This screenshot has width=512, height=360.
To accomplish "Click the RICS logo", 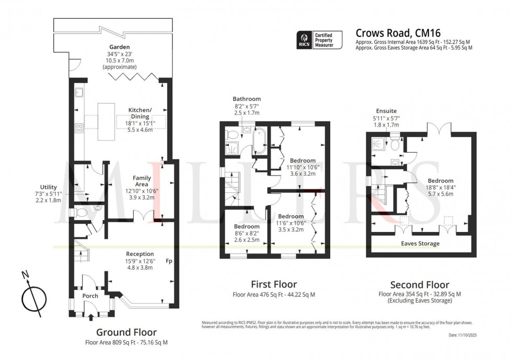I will [305, 40].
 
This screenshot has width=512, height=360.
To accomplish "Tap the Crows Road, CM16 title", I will [398, 33].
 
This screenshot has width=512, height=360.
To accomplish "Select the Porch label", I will [90, 296].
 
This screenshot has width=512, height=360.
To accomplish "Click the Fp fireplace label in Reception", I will [169, 261].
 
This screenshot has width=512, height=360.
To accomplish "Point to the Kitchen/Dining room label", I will [139, 113].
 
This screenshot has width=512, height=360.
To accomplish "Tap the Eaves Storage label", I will [420, 243].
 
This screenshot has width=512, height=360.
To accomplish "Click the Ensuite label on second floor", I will [386, 111].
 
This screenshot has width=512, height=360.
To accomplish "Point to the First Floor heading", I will [274, 285].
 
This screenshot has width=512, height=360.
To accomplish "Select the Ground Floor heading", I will [126, 332].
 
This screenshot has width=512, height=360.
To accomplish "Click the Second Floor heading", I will [420, 285].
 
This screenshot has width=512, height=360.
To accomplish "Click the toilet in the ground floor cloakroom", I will [78, 213].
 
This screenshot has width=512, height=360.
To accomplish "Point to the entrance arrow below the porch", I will [91, 316].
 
